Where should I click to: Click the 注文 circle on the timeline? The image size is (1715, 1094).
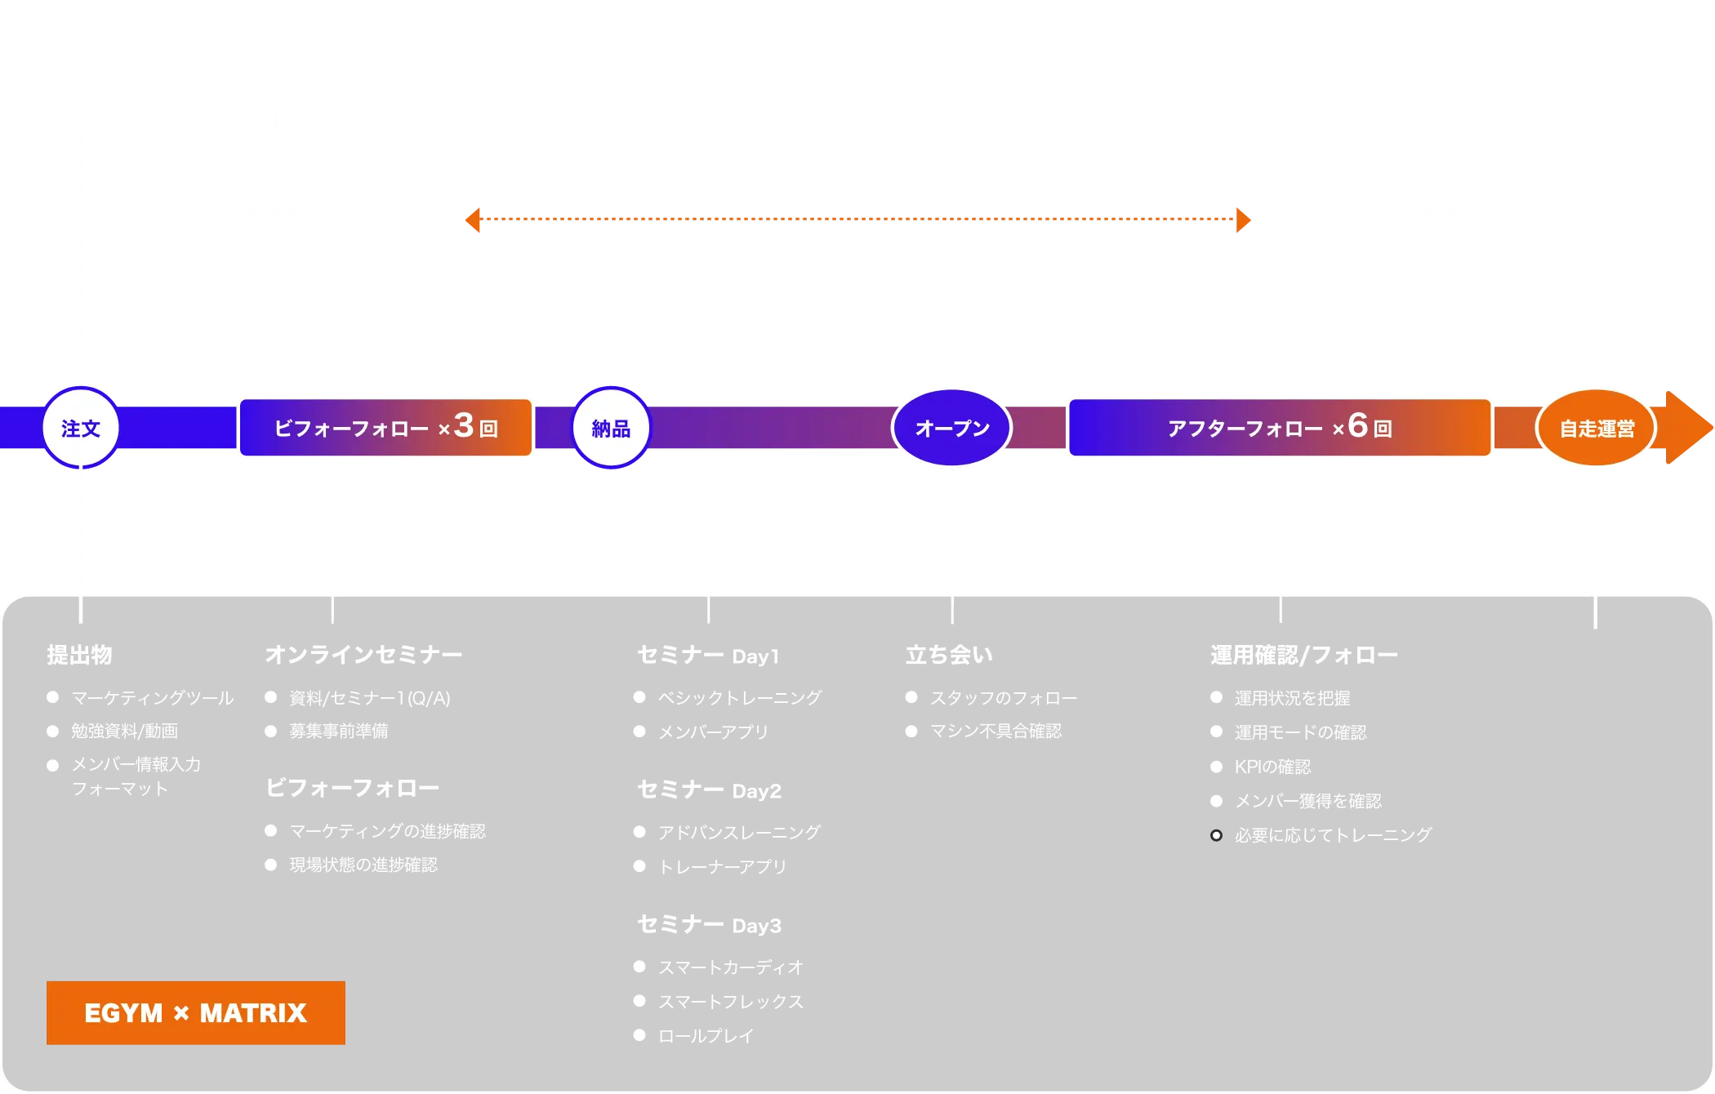point(81,428)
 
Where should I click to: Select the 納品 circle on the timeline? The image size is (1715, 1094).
point(610,428)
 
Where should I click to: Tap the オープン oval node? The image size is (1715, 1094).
point(951,428)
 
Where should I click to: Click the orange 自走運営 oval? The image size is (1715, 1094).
point(1596,428)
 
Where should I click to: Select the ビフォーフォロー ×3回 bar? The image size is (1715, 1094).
point(385,427)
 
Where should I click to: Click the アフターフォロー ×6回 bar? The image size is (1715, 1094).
point(1280,427)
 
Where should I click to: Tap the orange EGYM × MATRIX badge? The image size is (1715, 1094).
point(195,1012)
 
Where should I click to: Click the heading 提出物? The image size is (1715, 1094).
point(79,655)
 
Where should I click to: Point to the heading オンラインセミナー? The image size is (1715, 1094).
point(363,655)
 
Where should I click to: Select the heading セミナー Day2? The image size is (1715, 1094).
point(709,790)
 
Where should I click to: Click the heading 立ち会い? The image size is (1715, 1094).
point(949,655)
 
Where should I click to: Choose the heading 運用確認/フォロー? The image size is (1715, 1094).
point(1303,655)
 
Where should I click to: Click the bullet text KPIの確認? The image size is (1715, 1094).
point(1272,767)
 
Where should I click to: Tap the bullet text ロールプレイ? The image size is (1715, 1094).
point(706,1035)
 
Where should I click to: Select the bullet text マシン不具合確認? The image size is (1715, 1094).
point(996,732)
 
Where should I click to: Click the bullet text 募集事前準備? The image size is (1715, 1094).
point(338,732)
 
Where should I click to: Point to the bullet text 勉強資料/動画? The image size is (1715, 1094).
point(124,732)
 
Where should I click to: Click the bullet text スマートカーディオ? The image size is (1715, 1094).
point(731,967)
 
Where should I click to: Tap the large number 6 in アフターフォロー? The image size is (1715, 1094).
point(1357,425)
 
